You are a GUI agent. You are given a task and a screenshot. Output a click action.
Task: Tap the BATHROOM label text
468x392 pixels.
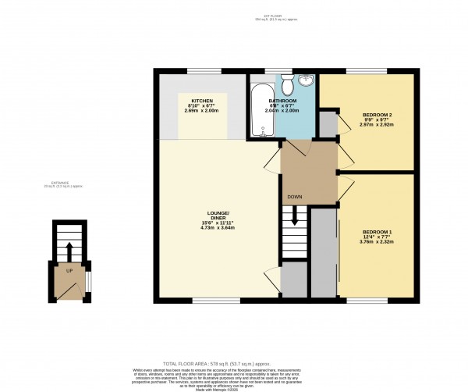coord(282,102)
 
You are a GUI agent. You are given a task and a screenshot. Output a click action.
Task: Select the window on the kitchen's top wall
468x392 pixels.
coord(192,73)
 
